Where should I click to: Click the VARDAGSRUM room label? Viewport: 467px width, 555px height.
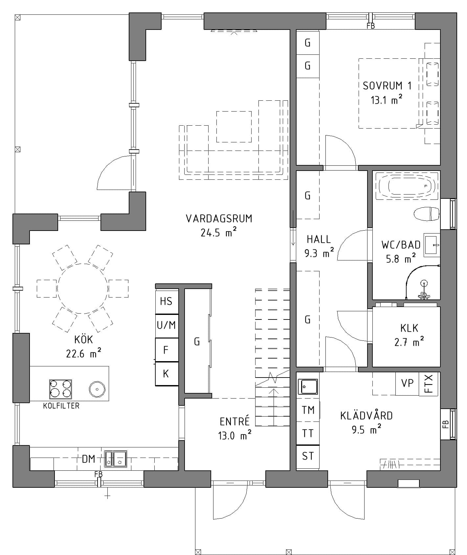tap(219, 218)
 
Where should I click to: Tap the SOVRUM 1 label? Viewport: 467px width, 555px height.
tap(387, 86)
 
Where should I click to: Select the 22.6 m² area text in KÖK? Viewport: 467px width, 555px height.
tap(83, 353)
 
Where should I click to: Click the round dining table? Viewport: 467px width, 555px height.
tap(82, 289)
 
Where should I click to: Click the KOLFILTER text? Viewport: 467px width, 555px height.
tap(61, 406)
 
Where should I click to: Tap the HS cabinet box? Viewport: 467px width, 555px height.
tap(167, 301)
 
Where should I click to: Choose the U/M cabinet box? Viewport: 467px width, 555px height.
tap(167, 326)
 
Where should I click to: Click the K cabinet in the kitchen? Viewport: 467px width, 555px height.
tap(167, 374)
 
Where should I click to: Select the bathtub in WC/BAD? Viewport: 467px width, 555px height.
tap(406, 186)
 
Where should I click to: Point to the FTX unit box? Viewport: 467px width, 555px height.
tap(429, 384)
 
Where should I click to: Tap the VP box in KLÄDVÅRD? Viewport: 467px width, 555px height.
tap(407, 384)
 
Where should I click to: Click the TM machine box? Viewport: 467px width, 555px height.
tap(308, 410)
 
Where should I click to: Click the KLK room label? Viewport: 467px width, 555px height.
tap(409, 328)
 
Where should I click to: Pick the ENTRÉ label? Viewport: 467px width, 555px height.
tap(234, 421)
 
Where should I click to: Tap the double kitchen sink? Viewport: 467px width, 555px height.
tap(116, 459)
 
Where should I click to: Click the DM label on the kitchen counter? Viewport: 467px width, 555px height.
tap(88, 459)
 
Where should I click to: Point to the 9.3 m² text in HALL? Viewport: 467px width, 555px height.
tap(319, 253)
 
